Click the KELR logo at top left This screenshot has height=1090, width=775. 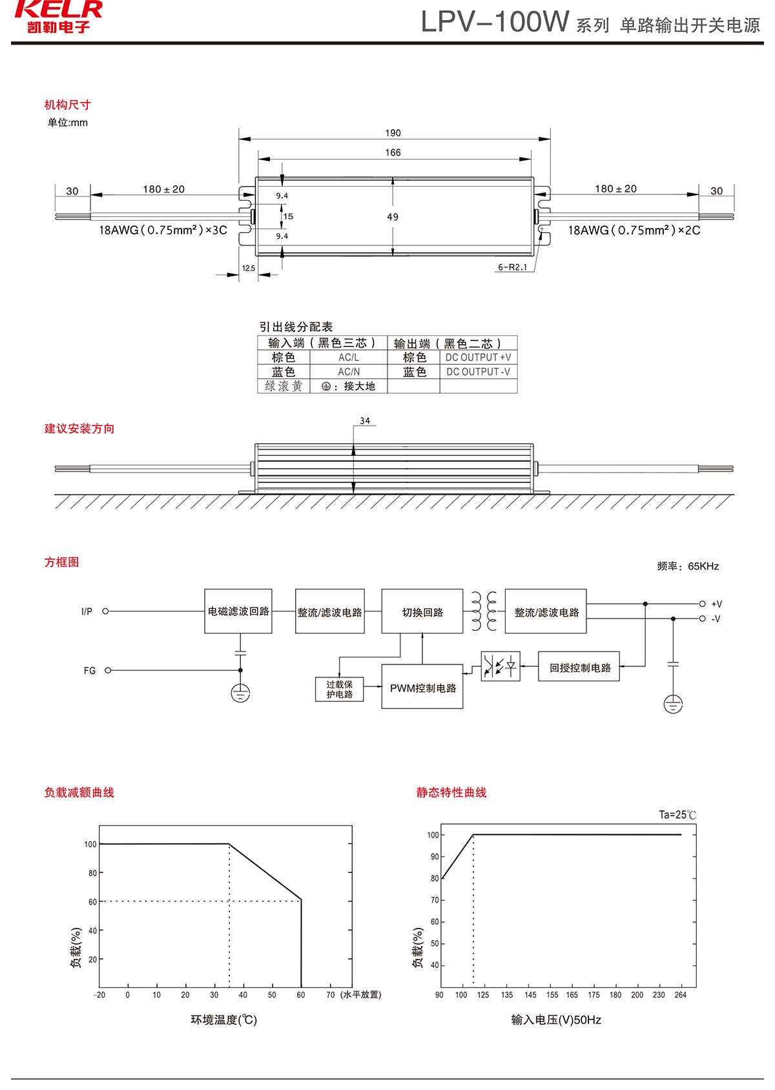(x=58, y=17)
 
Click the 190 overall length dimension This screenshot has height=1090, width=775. (x=393, y=133)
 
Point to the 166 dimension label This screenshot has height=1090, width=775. (x=393, y=152)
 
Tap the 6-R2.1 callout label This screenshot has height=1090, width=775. (x=512, y=267)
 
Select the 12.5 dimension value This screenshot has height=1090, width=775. (x=249, y=268)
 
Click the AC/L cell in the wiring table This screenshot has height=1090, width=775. (x=349, y=357)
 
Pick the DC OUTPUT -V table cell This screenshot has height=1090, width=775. (x=478, y=372)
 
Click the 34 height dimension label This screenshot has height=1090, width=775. (x=365, y=421)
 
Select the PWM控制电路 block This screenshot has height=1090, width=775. (x=422, y=688)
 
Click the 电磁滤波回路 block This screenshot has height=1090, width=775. (x=238, y=612)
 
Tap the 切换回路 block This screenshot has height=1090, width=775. (x=422, y=612)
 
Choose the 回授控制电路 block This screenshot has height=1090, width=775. (x=579, y=667)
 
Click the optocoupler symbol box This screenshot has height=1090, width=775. (x=501, y=666)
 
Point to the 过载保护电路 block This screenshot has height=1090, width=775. (x=340, y=689)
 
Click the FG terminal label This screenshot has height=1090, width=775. (x=90, y=671)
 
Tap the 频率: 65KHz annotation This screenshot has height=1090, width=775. (x=688, y=566)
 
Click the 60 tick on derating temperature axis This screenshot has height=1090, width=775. (x=301, y=995)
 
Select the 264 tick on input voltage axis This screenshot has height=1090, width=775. (x=681, y=995)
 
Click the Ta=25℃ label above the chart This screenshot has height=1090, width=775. (x=677, y=815)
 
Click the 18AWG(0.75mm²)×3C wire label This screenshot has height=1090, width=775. (x=163, y=231)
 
